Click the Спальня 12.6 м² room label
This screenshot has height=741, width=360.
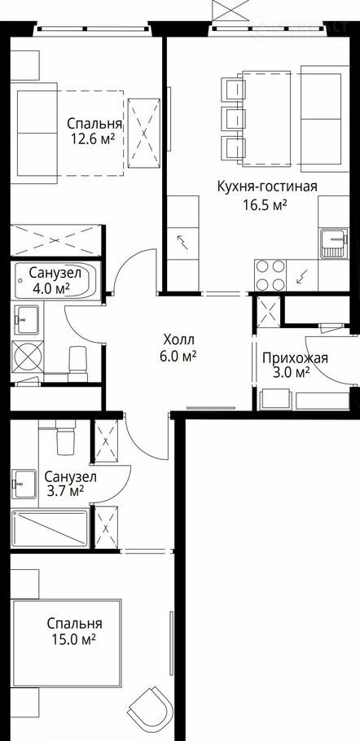coord(94,132)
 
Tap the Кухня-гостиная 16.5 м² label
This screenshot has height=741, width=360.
coord(266,195)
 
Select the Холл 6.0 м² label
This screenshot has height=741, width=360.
coord(178,348)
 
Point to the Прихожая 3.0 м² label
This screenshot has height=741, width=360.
coord(295,365)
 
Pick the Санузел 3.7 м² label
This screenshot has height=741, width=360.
coord(70,483)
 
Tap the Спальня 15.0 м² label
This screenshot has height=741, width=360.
coord(75,631)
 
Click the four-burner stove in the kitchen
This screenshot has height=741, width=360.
coord(270,275)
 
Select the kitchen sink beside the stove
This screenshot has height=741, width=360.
coord(334,243)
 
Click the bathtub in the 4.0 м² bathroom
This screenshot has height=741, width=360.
coord(55,281)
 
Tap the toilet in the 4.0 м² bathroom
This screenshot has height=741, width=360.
coord(78,363)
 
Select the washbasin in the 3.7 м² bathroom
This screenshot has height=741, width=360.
coord(24,483)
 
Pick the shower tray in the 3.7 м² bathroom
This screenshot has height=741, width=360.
coord(50,528)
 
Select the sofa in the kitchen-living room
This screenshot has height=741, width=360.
coord(324,119)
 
